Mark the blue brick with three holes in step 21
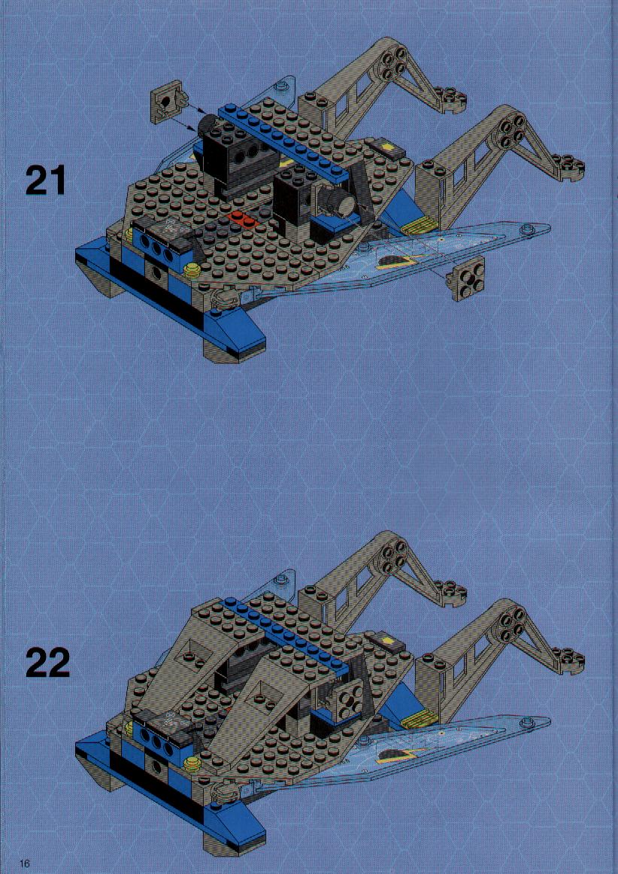[158, 248]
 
